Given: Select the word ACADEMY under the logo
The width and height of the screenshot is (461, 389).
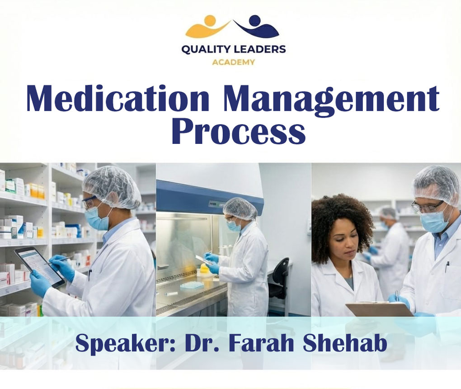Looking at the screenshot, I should pyautogui.click(x=233, y=62).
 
